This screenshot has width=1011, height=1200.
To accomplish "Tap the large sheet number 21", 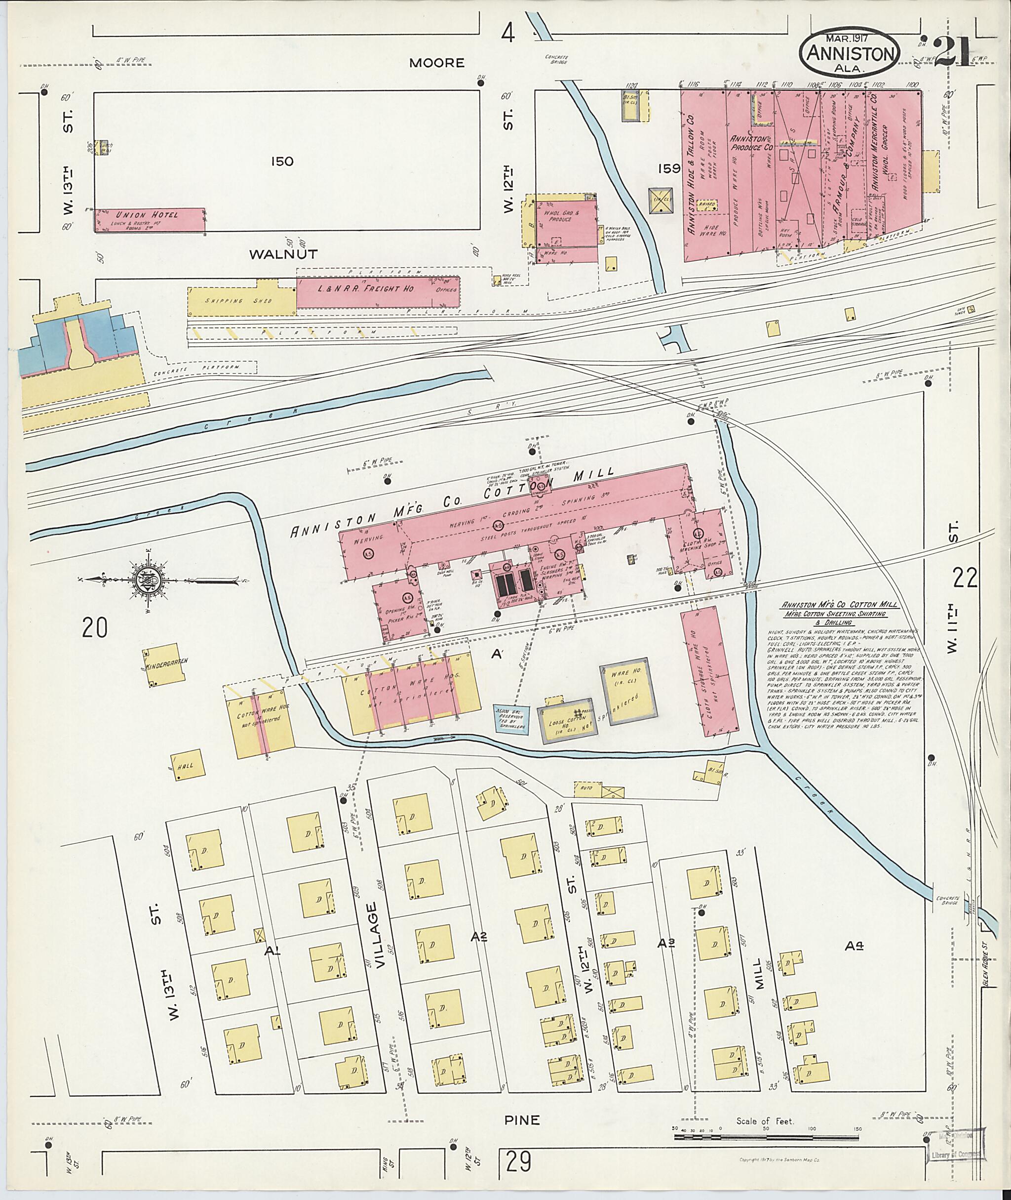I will (954, 53).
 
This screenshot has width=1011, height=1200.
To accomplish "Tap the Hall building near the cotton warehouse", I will (186, 765).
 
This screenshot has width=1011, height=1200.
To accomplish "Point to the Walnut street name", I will (283, 254).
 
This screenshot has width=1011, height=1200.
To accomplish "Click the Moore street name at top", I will (437, 63).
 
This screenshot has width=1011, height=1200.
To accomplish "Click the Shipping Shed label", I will (239, 300).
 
